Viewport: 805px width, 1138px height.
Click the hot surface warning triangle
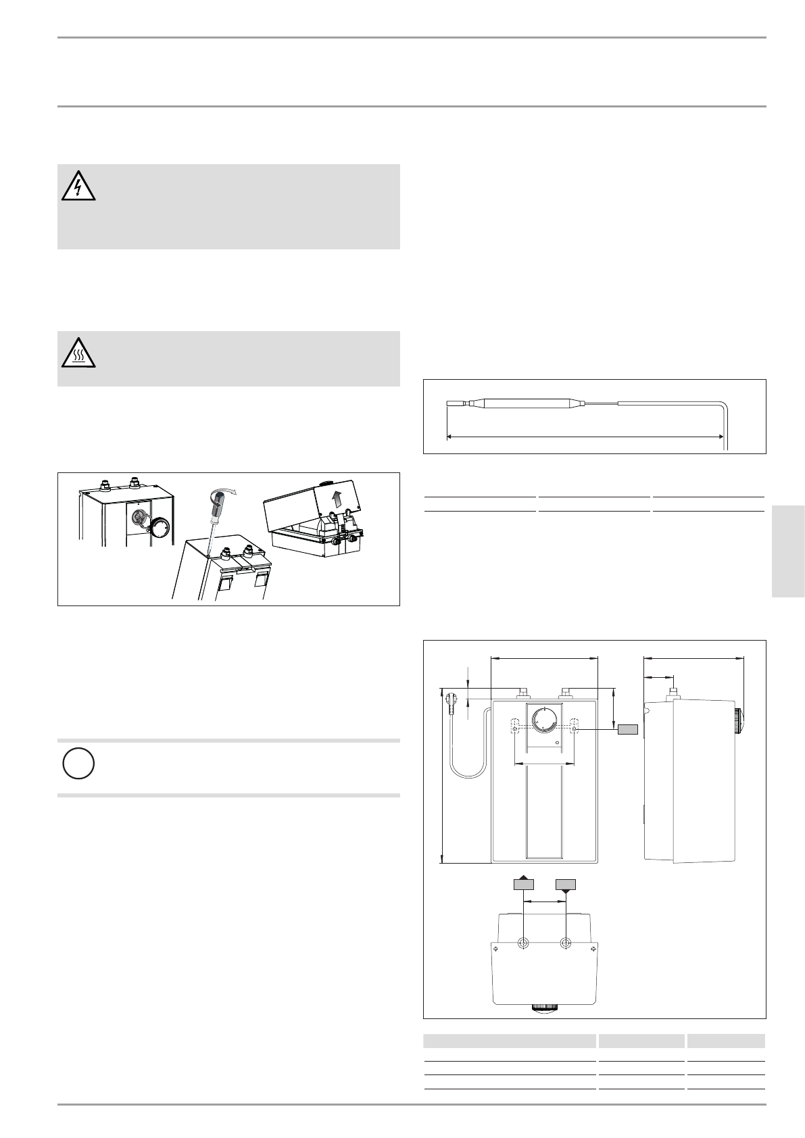coord(78,353)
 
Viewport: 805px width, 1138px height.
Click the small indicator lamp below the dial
coord(556,743)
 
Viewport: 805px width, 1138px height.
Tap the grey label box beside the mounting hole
coord(628,729)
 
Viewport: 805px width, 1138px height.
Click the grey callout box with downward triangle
coord(565,884)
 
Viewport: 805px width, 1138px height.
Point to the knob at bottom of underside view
coord(545,1008)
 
